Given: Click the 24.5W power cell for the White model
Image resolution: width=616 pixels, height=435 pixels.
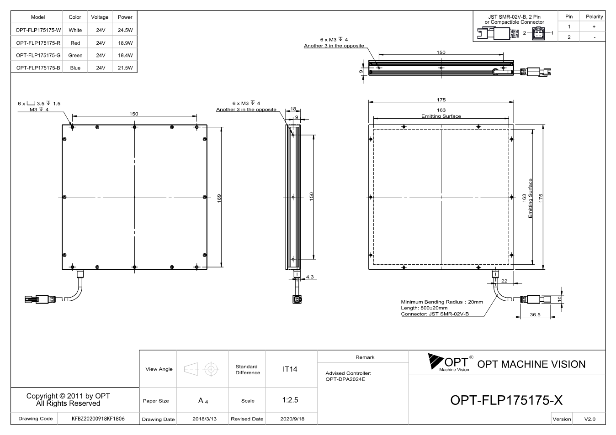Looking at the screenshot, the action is point(125,30).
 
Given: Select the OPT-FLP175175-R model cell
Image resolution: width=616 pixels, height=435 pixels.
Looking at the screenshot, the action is point(38,43).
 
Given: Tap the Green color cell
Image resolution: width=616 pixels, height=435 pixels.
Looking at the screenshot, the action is point(75,56).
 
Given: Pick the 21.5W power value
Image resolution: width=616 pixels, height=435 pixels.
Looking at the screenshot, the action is point(125,68).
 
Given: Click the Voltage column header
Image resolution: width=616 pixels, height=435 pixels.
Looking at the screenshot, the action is point(100,17).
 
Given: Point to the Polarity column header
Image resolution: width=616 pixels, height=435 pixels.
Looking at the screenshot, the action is point(594,17).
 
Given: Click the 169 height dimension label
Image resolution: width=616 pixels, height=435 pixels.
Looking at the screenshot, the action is point(219,198).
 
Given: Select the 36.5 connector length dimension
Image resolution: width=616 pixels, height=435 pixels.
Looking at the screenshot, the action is point(535,314).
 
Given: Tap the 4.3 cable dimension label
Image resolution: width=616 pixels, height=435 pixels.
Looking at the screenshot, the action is point(310,277).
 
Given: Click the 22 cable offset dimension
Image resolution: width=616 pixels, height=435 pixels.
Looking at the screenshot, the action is point(504,281).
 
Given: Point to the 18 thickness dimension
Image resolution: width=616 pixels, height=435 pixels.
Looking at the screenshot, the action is point(293,109).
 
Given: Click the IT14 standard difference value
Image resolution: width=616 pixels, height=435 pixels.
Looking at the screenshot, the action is point(290,369).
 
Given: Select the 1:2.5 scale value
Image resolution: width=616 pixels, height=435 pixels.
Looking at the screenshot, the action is point(290,400).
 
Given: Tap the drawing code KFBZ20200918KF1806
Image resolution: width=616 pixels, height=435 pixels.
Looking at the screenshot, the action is point(98,419).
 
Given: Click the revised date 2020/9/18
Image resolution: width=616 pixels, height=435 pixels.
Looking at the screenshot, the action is point(292,419).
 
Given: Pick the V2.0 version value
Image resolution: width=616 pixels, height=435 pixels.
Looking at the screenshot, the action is point(590,419).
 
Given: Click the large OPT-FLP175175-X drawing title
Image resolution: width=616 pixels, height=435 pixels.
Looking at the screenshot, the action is point(506,400).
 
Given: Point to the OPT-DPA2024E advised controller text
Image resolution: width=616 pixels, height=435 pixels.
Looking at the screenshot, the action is point(345,379).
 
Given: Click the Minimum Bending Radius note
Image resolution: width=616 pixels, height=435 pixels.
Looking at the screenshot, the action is point(442,302).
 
